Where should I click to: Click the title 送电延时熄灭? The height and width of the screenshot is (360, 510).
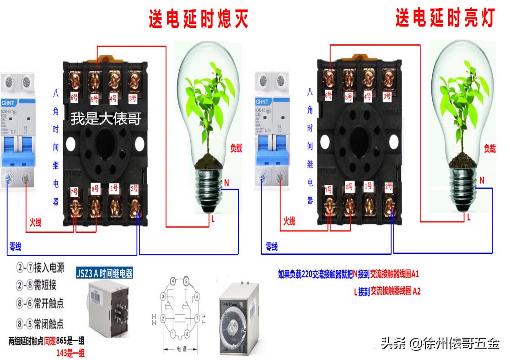point(199,20)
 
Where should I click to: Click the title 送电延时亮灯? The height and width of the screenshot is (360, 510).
point(445,19)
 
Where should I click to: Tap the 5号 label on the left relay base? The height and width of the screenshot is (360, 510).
point(95,98)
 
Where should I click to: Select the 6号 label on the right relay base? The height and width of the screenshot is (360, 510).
point(328,95)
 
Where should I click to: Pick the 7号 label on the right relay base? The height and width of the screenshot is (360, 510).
point(328,189)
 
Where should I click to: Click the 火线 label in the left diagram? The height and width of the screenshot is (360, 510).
point(35,223)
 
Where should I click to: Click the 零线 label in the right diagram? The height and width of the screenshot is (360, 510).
point(272,247)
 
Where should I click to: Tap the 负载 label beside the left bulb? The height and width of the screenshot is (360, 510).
point(236,148)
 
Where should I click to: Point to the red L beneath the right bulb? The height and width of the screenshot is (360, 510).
point(469,218)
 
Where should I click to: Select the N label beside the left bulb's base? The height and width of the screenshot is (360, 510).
point(226,183)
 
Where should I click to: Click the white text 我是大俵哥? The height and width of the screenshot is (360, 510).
point(106,119)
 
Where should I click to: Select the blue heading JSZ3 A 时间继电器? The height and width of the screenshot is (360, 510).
point(104,274)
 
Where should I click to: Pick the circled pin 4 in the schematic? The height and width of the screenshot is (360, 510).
point(173,280)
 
